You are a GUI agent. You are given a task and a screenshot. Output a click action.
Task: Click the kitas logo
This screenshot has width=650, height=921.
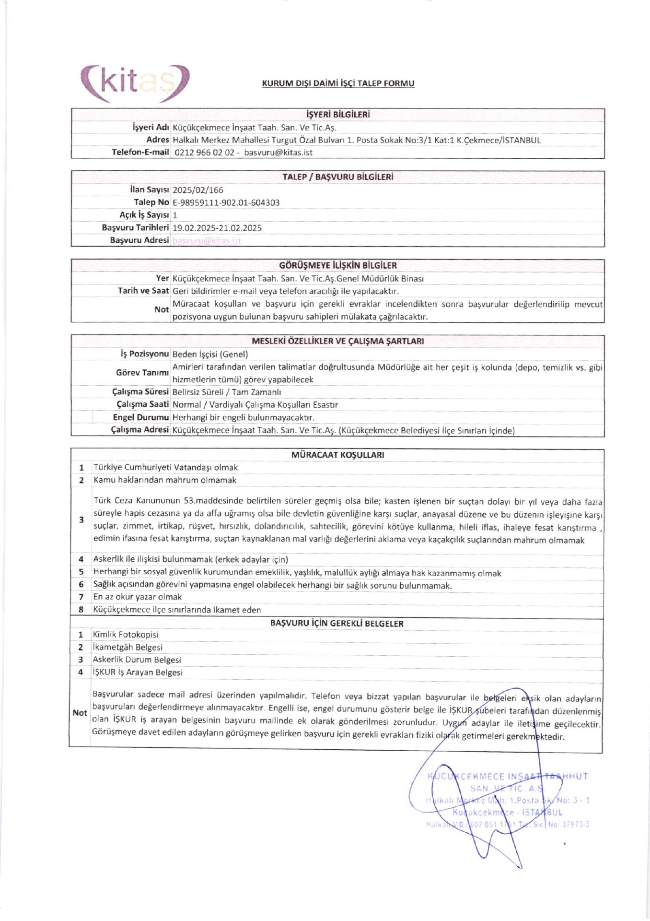pyautogui.click(x=135, y=83)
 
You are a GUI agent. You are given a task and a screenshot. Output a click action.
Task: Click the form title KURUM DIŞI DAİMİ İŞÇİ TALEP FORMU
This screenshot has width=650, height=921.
pyautogui.click(x=338, y=83)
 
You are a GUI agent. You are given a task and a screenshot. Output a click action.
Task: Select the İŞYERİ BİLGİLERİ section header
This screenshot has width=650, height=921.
pyautogui.click(x=338, y=115)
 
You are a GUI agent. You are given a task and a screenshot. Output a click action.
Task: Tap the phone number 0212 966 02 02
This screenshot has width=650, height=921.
pyautogui.click(x=205, y=153)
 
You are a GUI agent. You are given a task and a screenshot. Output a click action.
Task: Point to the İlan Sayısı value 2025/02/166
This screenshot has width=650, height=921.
pyautogui.click(x=198, y=190)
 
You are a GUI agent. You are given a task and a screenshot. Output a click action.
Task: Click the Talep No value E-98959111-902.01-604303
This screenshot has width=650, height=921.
pyautogui.click(x=226, y=202)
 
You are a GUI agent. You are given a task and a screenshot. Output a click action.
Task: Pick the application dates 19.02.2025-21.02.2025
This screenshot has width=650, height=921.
pyautogui.click(x=217, y=228)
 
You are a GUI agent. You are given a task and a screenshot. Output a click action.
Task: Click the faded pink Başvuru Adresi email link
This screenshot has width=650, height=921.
pyautogui.click(x=207, y=240)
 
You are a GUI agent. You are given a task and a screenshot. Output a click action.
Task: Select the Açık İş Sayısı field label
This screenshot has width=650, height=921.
pyautogui.click(x=144, y=215)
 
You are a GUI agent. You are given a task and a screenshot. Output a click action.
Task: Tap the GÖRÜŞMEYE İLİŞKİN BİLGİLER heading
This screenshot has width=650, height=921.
pyautogui.click(x=338, y=265)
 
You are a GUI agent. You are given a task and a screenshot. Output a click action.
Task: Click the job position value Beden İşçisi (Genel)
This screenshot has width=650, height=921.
pyautogui.click(x=210, y=354)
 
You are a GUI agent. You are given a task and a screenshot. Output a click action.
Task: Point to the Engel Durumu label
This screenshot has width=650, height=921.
pyautogui.click(x=141, y=417)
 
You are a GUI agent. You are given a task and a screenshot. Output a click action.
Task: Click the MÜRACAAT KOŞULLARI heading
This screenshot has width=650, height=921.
pyautogui.click(x=337, y=455)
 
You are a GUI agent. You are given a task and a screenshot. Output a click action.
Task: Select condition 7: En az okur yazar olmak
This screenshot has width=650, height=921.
pyautogui.click(x=138, y=597)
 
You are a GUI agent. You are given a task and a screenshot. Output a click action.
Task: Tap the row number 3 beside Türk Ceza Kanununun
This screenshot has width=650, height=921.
pyautogui.click(x=81, y=520)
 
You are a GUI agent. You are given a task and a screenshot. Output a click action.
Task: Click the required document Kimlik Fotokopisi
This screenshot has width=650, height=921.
pyautogui.click(x=126, y=635)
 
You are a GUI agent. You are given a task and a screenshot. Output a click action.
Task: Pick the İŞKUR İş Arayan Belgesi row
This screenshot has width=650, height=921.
pyautogui.click(x=138, y=673)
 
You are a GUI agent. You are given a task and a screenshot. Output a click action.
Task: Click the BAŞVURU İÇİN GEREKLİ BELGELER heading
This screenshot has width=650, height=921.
pyautogui.click(x=337, y=624)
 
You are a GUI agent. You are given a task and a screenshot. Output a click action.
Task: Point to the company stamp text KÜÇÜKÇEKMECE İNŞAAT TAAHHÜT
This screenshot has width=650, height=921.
pyautogui.click(x=507, y=776)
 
